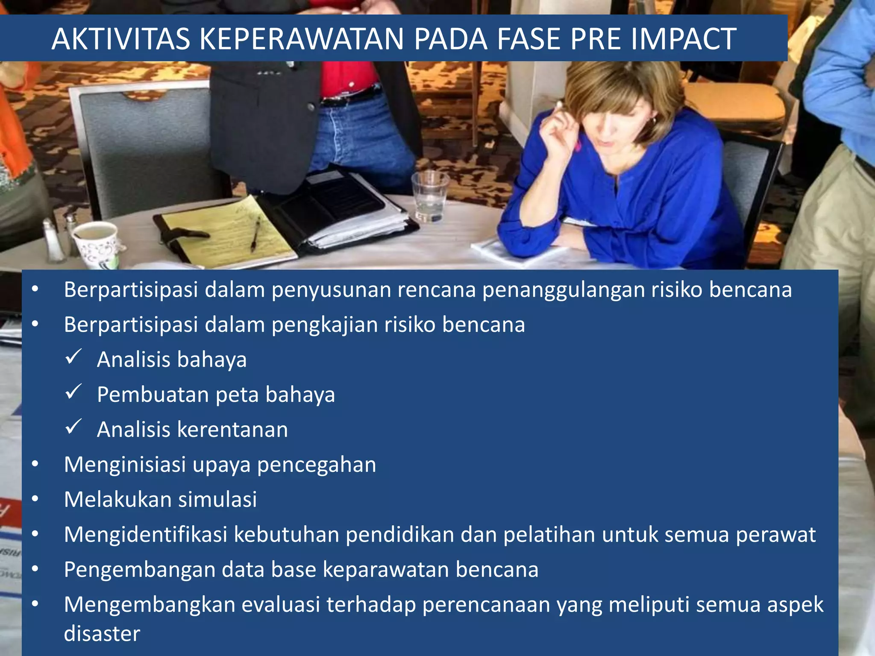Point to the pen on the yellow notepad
click(255, 233)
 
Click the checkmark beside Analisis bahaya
click(73, 357)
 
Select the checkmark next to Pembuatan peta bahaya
click(73, 392)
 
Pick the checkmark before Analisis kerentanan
click(73, 427)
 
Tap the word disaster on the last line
click(102, 633)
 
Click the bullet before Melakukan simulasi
click(35, 499)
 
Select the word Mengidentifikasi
click(145, 534)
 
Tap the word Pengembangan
click(139, 570)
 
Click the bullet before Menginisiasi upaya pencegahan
click(35, 464)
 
